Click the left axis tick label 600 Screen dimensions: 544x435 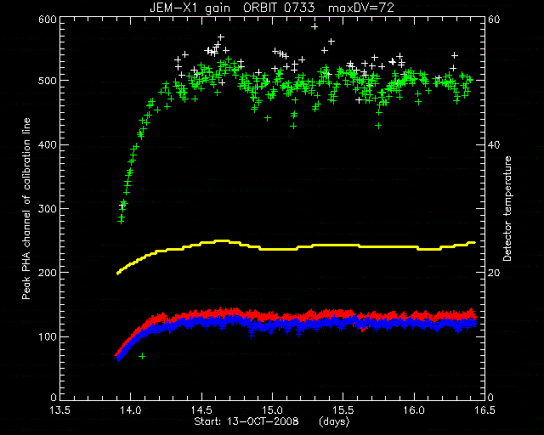coord(47,19)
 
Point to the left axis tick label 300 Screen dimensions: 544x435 coord(47,208)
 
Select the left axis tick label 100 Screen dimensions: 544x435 coord(48,336)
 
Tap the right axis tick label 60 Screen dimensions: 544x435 coord(494,19)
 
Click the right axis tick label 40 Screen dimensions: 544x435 coord(494,144)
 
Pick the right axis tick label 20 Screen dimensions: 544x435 coord(494,273)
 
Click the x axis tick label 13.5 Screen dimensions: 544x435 coord(60,410)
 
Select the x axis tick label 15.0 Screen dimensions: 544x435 coord(272,410)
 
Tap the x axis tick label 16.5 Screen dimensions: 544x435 coord(484,410)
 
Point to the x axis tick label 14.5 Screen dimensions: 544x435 coord(201,410)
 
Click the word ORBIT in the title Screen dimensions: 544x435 coord(260,8)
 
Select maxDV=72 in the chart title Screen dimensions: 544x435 coord(360,8)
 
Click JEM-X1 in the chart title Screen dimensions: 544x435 coord(172,8)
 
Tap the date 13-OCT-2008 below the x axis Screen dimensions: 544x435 coord(263,421)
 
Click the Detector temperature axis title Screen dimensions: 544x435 coord(507,208)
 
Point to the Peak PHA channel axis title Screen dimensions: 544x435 coord(26,208)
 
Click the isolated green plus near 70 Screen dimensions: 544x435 coord(142,356)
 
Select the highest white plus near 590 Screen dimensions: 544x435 coord(314,26)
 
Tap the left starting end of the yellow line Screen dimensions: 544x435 coord(117,274)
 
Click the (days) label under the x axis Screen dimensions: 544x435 coord(334,421)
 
